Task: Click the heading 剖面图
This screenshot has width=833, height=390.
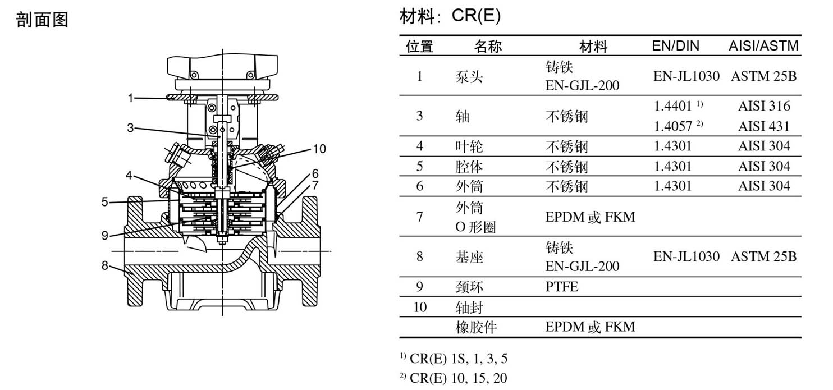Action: point(42,19)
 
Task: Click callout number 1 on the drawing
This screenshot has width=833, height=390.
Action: point(130,98)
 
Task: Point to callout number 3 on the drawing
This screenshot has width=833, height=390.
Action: point(130,128)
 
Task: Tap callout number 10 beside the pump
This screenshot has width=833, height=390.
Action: point(319,149)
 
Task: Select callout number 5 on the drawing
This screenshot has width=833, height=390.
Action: point(105,202)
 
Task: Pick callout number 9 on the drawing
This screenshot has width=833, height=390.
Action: point(105,235)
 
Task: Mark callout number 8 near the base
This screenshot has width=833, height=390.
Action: point(105,265)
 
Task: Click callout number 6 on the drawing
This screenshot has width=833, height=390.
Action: point(315,173)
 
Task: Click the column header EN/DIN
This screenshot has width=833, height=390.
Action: point(675,45)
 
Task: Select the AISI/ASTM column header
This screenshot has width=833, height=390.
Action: point(763,45)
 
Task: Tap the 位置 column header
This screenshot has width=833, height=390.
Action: point(419,47)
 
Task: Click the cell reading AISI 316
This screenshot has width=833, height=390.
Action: point(764,106)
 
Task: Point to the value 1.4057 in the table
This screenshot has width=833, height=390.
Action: point(672,126)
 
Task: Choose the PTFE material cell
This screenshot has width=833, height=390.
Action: point(561,287)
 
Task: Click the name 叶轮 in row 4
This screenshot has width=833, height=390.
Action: point(469,146)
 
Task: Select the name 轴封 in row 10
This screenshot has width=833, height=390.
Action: point(469,308)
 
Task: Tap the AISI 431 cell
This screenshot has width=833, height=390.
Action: point(764,126)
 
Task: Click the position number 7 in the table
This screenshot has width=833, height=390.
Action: point(419,217)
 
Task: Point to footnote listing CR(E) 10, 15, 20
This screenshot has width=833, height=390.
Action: point(454,378)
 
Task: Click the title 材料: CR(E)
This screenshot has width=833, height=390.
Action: point(450,16)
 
